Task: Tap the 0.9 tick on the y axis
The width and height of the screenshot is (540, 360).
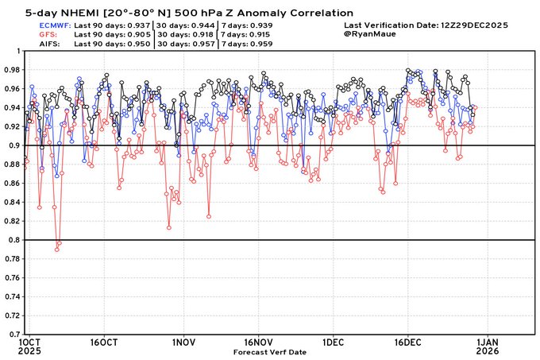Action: pos(14,145)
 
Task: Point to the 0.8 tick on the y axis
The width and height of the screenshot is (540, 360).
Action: pos(14,240)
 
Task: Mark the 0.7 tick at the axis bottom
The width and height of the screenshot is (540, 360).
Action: pos(14,335)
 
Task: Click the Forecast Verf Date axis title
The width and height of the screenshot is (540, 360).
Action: pos(271,350)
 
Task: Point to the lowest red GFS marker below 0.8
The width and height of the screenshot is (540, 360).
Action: pos(56,250)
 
